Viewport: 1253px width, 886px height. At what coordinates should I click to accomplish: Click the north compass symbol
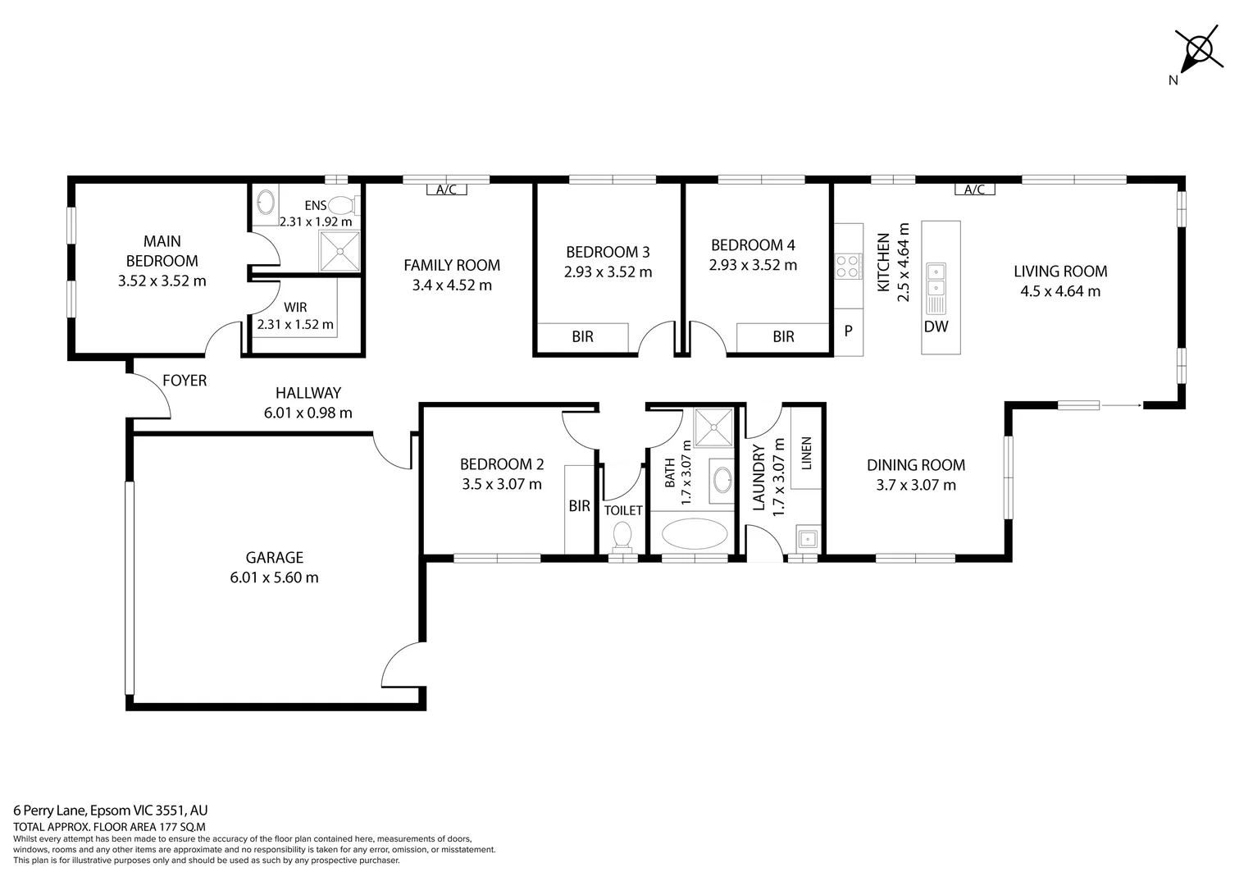(x=1198, y=49)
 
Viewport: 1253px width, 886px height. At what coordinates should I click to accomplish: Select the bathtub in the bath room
(x=695, y=533)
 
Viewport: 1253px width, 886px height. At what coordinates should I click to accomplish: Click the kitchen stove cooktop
(x=848, y=266)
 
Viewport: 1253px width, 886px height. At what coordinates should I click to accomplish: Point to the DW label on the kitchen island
(x=936, y=327)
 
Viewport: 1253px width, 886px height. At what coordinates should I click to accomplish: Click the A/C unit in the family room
(x=446, y=190)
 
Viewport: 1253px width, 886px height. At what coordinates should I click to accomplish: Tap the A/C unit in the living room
(x=974, y=190)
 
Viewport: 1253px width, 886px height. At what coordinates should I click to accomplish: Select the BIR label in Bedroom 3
(x=582, y=336)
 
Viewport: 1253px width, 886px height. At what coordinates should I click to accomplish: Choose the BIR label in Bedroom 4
(x=783, y=336)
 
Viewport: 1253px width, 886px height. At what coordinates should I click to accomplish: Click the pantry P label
(x=849, y=331)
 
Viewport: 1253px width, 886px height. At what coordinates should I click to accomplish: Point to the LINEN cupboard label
(x=806, y=453)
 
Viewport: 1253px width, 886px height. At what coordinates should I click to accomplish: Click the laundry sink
(x=807, y=539)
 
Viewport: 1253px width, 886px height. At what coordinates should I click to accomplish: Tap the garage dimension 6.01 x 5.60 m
(x=274, y=578)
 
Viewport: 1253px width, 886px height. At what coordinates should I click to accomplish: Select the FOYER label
(x=185, y=381)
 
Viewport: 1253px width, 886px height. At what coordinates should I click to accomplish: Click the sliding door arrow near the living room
(x=1120, y=404)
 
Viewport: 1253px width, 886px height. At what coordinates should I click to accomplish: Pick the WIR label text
(x=295, y=308)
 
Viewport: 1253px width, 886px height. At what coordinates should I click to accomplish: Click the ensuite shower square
(x=339, y=251)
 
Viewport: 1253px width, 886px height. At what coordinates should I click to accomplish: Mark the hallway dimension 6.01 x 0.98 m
(x=308, y=413)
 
